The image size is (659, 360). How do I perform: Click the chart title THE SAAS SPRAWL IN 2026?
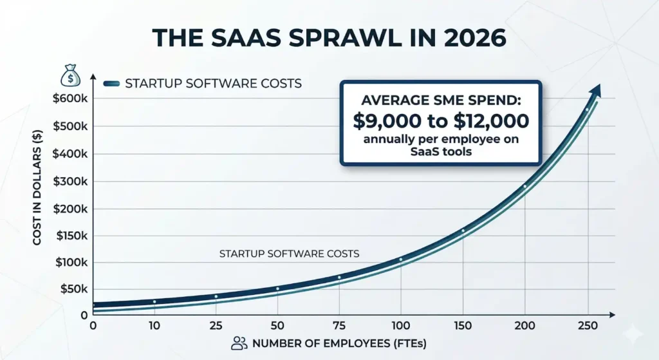[329, 38]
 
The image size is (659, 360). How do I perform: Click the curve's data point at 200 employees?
[524, 187]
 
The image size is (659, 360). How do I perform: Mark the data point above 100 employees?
[401, 260]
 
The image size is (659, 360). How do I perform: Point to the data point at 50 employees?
[277, 289]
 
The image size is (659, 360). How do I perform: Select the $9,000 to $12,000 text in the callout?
[441, 120]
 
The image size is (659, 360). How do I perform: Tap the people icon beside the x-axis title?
[239, 343]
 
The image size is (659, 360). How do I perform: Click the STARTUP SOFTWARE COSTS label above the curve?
[290, 254]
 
